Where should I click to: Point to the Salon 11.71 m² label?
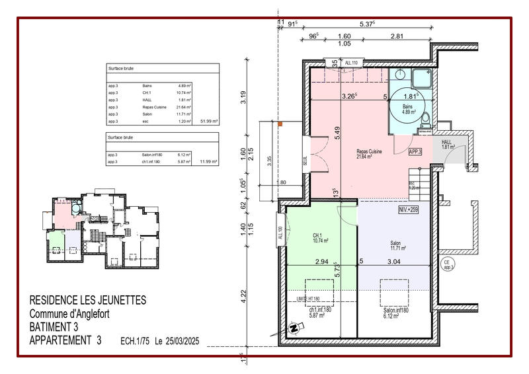(x=395, y=246)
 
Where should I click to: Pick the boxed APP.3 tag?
(x=416, y=151)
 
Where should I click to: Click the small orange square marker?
(x=280, y=124)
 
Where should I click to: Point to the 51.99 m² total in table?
(x=210, y=122)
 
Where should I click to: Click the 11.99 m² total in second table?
(x=210, y=161)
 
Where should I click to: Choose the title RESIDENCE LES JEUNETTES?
(x=88, y=301)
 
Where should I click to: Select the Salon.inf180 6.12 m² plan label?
(x=395, y=313)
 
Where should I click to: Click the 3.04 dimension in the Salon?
(x=393, y=262)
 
